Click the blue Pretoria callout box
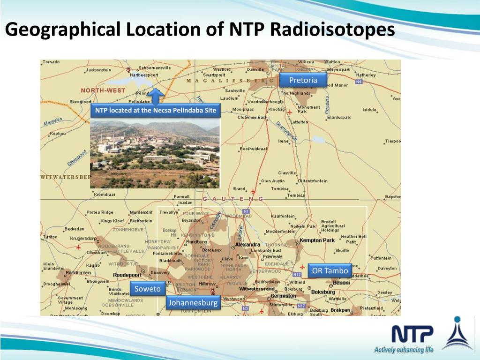pyautogui.click(x=303, y=80)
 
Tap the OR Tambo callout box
pyautogui.click(x=330, y=271)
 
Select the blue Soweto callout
pyautogui.click(x=148, y=289)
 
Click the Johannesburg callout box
pyautogui.click(x=193, y=303)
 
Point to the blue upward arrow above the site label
pyautogui.click(x=158, y=95)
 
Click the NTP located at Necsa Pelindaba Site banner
pyautogui.click(x=156, y=111)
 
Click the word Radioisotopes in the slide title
pyautogui.click(x=332, y=30)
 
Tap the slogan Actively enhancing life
pyautogui.click(x=404, y=350)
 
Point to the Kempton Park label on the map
pyautogui.click(x=318, y=240)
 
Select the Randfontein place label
pyautogui.click(x=78, y=272)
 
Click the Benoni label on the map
pyautogui.click(x=341, y=283)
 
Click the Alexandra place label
pyautogui.click(x=247, y=245)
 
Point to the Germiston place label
pyautogui.click(x=283, y=296)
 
